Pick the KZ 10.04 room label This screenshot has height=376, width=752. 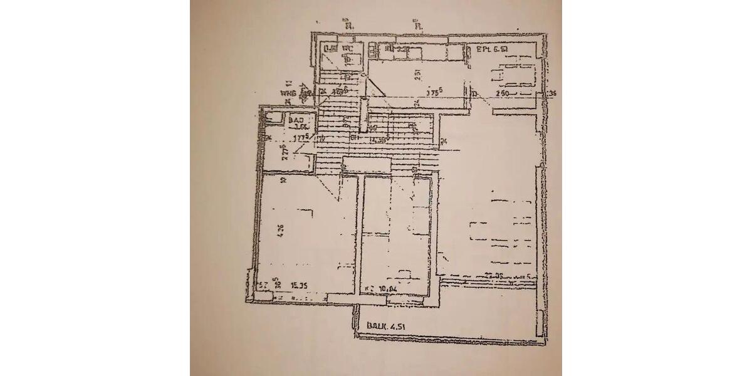[x=388, y=289]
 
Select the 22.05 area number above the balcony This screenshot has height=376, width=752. [x=494, y=275]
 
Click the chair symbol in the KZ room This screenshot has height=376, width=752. [x=404, y=274]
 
